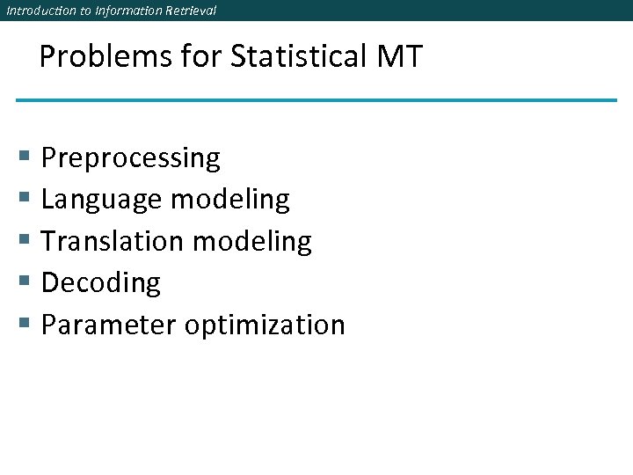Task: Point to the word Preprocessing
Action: click(x=131, y=159)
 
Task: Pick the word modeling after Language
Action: click(x=229, y=201)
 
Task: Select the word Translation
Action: click(x=111, y=242)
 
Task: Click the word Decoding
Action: click(x=101, y=283)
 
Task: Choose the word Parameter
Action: click(x=109, y=325)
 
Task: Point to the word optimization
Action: click(x=265, y=325)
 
